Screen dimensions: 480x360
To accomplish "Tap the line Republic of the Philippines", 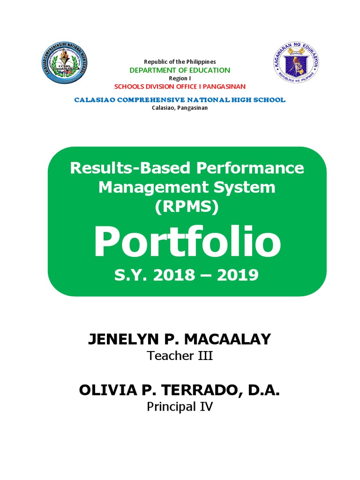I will (180, 62).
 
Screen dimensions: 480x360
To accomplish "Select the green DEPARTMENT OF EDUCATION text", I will (180, 70).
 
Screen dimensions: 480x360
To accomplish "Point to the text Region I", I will (180, 79).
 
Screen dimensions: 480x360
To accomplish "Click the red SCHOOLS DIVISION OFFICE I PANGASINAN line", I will (180, 87).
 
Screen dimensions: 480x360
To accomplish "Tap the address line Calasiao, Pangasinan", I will (180, 108).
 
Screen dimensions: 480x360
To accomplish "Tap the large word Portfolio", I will (187, 243).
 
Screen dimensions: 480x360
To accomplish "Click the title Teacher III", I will (180, 356).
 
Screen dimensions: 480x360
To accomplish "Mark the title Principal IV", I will (180, 406).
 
